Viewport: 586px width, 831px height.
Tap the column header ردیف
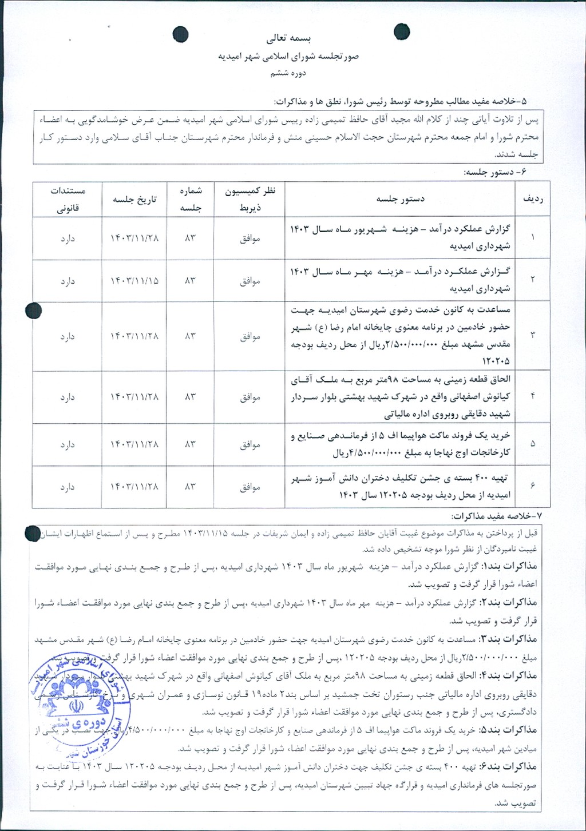click(533, 199)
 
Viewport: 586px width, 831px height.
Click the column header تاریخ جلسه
click(134, 199)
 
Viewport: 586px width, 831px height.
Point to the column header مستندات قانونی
click(68, 199)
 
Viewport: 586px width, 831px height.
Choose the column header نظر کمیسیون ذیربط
click(250, 199)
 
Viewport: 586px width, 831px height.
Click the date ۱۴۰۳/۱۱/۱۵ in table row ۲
click(134, 281)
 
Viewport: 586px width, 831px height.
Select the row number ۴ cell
click(533, 396)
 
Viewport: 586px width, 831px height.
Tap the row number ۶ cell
click(533, 486)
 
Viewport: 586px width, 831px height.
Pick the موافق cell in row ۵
click(250, 444)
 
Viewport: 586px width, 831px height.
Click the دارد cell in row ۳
click(68, 336)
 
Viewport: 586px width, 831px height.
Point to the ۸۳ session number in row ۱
click(189, 238)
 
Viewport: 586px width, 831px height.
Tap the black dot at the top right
click(402, 33)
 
